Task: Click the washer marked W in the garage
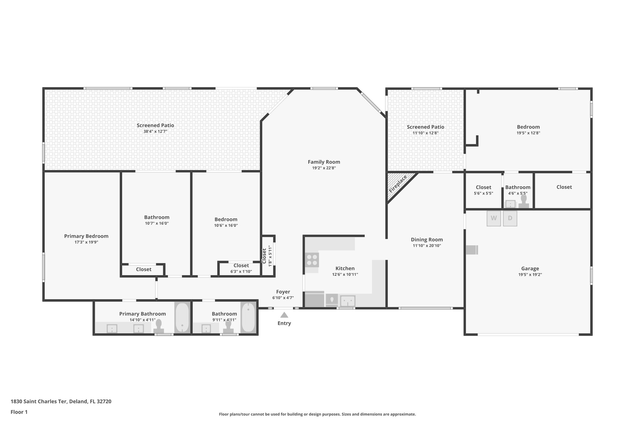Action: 494,218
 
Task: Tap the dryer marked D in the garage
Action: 510,218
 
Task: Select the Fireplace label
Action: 398,184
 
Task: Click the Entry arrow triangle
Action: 284,315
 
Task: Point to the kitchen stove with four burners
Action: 312,260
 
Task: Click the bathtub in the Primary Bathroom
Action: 182,318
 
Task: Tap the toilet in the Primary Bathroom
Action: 159,326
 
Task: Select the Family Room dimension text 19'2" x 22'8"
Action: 324,168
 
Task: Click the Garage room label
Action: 530,269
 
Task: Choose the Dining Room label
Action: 427,240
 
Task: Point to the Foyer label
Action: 283,292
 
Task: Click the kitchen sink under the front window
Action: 348,301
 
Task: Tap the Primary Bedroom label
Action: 86,236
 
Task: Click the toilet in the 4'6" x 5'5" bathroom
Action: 524,201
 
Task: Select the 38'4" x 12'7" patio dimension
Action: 155,131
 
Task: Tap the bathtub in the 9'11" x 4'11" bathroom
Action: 248,318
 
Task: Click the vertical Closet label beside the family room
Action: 264,256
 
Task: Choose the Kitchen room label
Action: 345,268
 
